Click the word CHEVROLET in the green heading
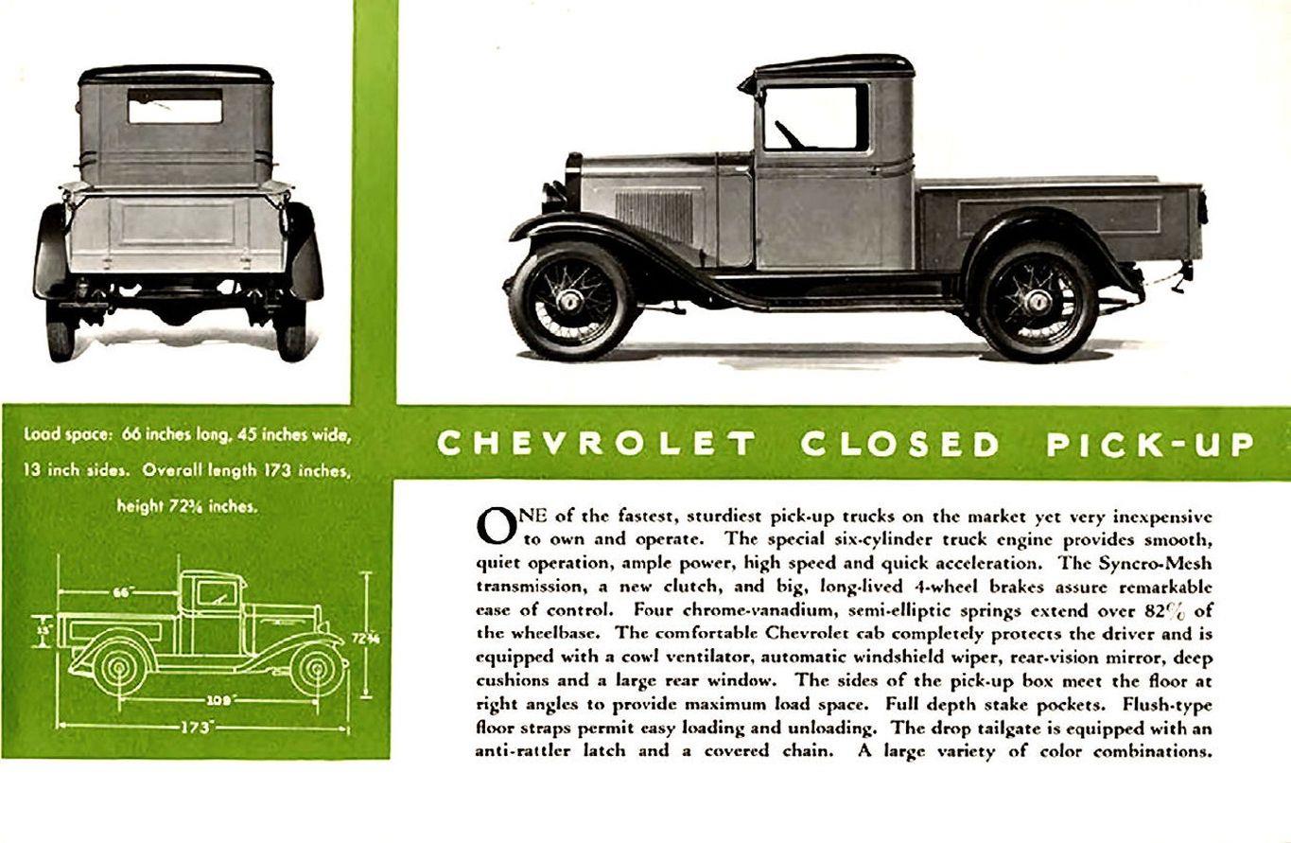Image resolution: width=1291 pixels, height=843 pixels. tap(597, 444)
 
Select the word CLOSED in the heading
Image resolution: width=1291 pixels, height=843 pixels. tap(899, 444)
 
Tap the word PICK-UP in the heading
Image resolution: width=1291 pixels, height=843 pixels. tap(1150, 444)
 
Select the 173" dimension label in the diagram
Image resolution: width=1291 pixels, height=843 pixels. tap(198, 729)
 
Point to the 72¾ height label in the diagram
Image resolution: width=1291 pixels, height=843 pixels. tap(365, 638)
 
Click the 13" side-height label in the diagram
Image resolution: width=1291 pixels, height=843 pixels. tap(43, 628)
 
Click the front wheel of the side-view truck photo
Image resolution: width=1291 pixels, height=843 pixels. tap(570, 301)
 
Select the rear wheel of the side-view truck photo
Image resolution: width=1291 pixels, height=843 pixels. tap(1038, 301)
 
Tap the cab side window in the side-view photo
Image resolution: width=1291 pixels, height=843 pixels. tap(814, 117)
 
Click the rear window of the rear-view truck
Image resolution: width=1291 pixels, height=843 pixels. tap(175, 107)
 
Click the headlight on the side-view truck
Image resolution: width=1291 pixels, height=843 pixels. tap(552, 196)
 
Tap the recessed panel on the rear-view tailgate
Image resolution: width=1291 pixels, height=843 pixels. tap(177, 224)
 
